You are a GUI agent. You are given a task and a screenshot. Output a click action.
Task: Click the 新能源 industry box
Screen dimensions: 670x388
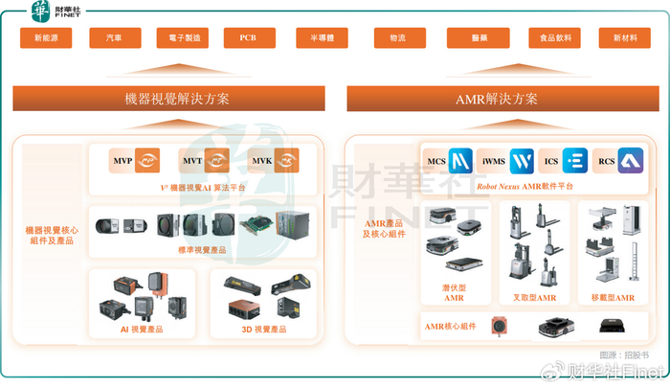point(46,39)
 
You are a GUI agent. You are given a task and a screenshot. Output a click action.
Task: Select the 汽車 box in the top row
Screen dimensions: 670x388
point(115,39)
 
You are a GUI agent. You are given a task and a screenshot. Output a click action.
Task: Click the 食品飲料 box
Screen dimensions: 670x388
point(554,39)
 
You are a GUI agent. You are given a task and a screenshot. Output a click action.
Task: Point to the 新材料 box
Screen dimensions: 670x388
point(624,39)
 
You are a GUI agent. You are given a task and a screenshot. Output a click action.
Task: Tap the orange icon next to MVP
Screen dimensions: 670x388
point(146,160)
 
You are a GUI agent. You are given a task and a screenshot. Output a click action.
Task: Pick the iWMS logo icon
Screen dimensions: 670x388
point(521,160)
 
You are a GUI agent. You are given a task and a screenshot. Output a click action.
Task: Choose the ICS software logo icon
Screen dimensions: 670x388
point(575,160)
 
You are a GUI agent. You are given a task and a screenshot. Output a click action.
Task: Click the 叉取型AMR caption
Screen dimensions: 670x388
point(534,298)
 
